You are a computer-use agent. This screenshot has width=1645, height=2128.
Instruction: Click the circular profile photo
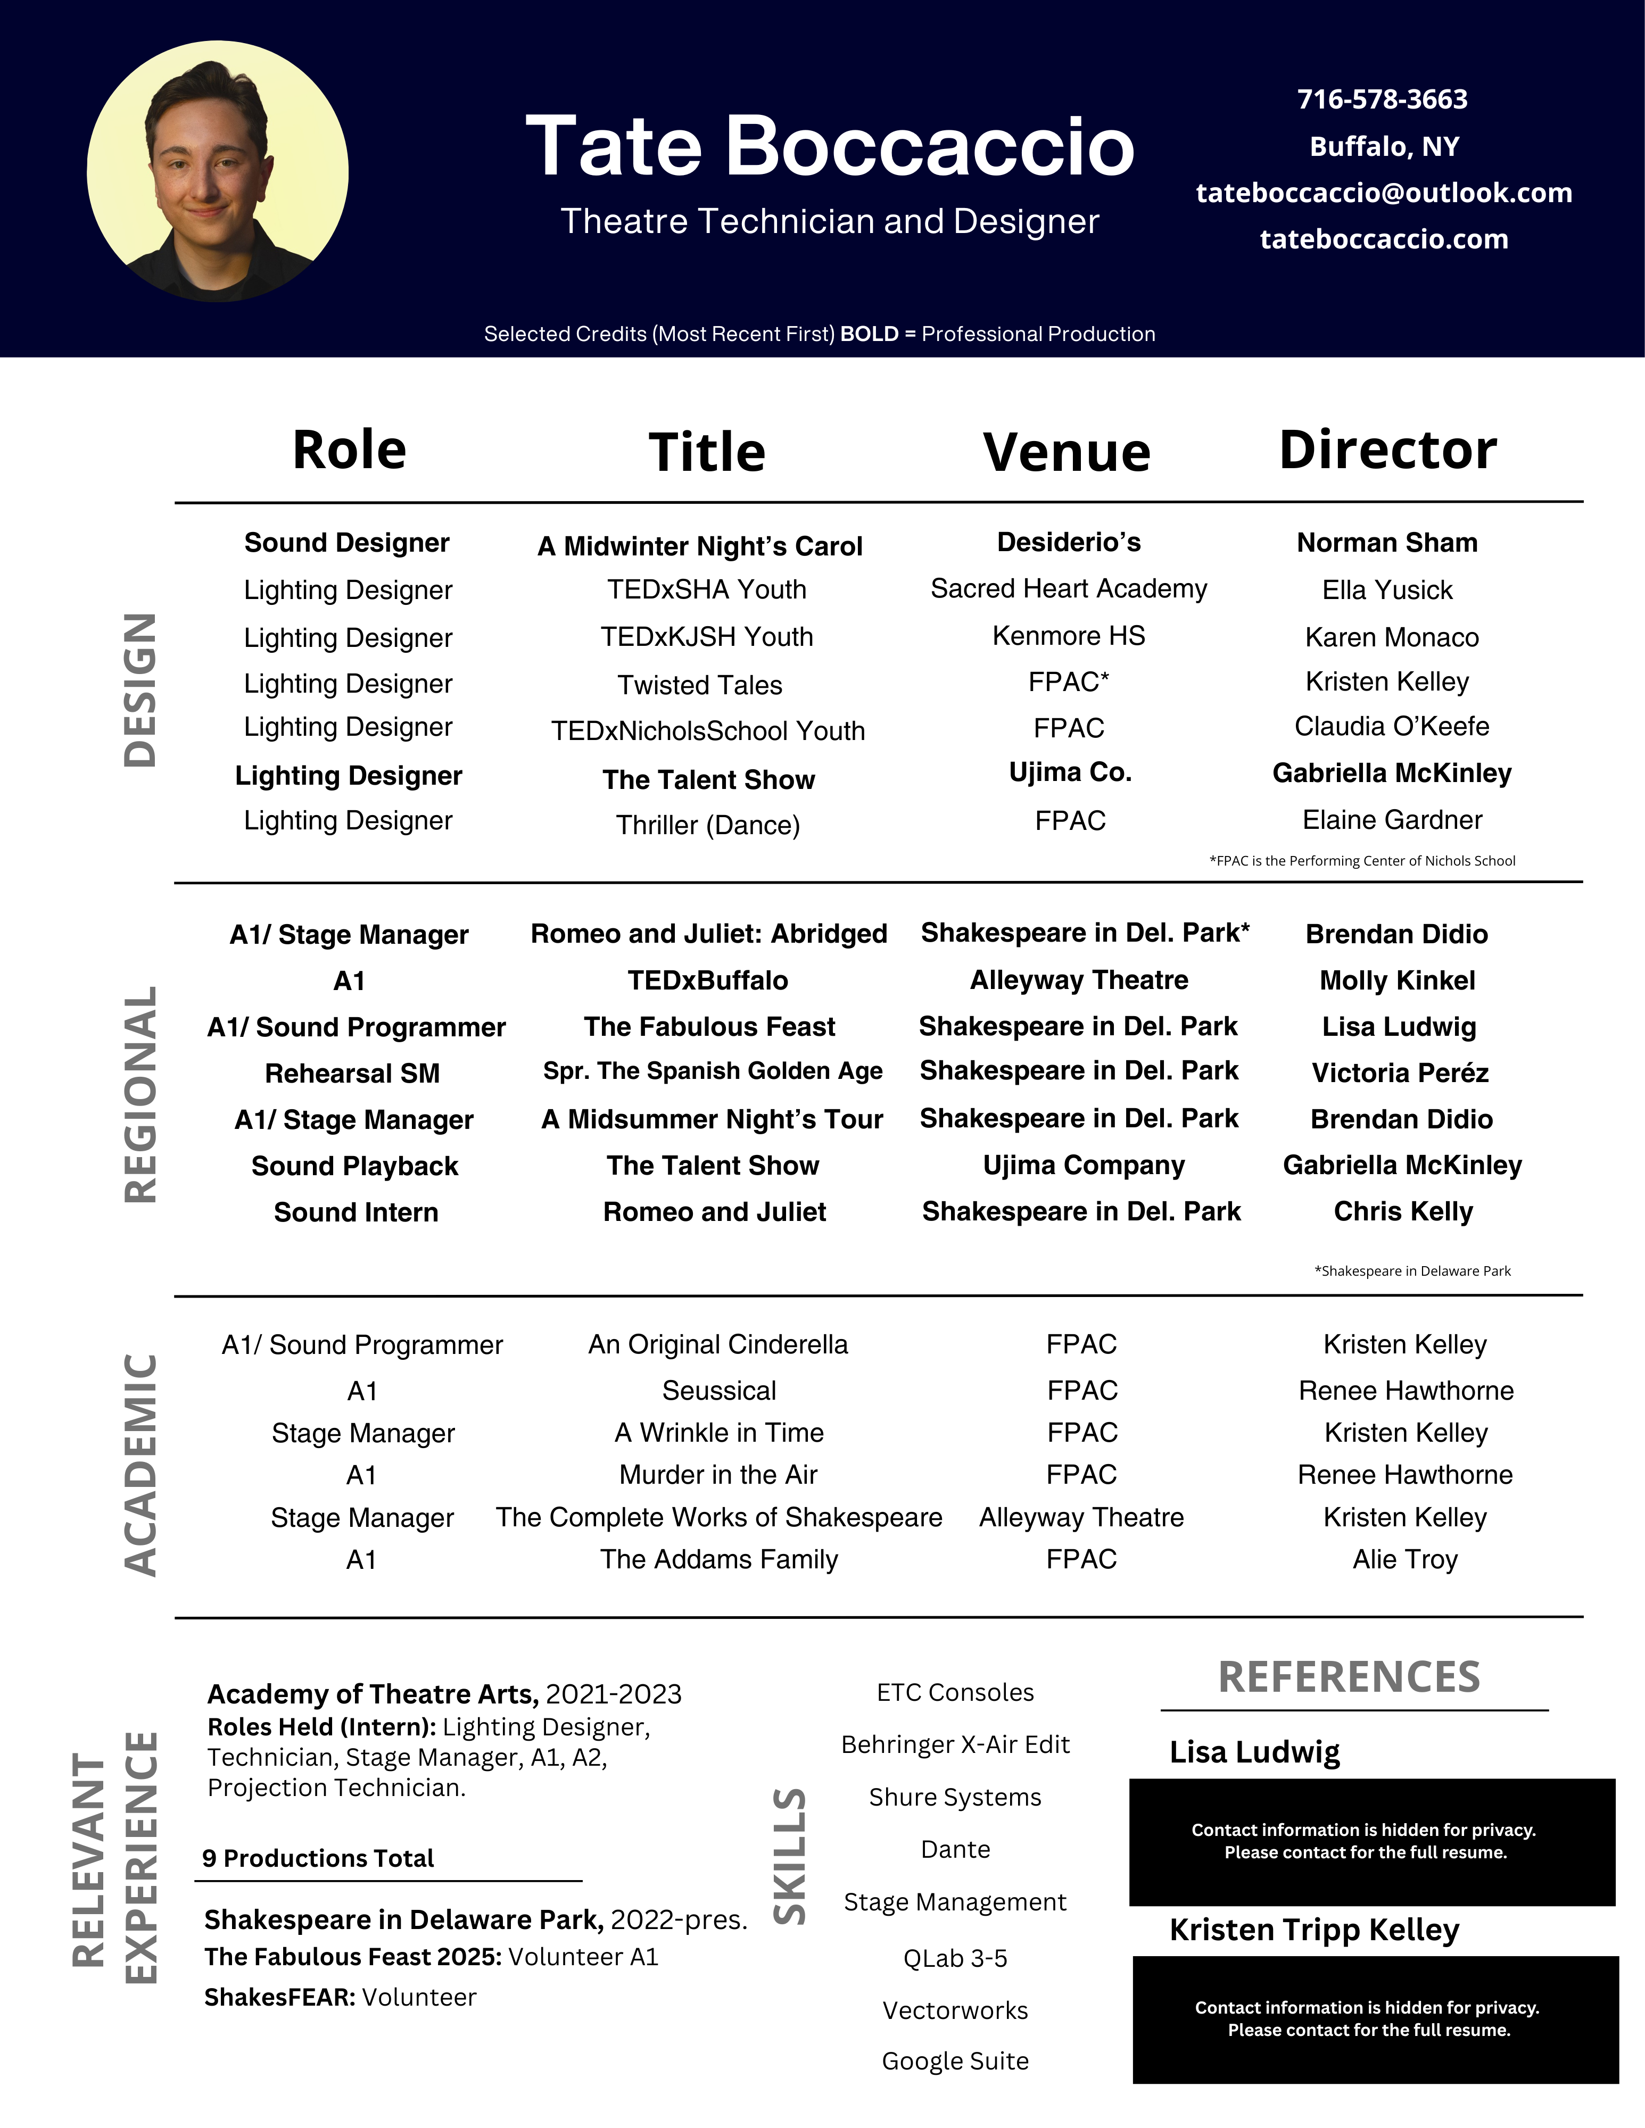(x=217, y=171)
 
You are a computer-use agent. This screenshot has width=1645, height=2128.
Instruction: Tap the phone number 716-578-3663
(x=1382, y=99)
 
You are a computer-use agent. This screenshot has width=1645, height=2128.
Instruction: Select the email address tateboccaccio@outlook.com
(x=1384, y=193)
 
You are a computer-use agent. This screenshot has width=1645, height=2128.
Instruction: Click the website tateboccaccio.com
(x=1384, y=240)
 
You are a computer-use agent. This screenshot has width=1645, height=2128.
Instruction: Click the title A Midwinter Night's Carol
(x=700, y=546)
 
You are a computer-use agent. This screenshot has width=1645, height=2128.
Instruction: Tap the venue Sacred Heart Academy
(x=1068, y=588)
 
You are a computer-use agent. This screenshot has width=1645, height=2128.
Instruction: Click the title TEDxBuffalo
(x=707, y=980)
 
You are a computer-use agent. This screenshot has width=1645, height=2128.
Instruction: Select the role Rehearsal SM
(x=352, y=1073)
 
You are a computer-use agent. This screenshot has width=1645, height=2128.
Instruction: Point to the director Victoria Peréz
(x=1400, y=1073)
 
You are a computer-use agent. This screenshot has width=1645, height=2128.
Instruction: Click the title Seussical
(x=719, y=1391)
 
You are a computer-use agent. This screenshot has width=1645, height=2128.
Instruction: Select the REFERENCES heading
(x=1349, y=1677)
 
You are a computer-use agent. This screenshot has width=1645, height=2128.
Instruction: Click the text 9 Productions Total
(x=318, y=1858)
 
